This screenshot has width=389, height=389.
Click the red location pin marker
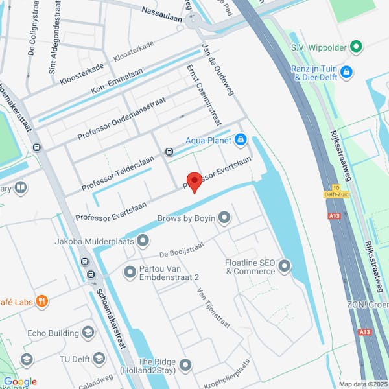(x=193, y=182)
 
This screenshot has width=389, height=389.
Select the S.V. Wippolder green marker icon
(x=355, y=47)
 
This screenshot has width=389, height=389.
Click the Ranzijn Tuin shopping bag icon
(x=346, y=71)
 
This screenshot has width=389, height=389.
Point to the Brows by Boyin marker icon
(x=224, y=218)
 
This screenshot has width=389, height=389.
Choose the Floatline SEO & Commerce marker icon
(x=284, y=265)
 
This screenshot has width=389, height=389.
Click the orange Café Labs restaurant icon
(x=42, y=301)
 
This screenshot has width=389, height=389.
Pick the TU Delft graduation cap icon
(x=99, y=358)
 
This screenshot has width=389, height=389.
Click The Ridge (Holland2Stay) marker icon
(x=186, y=366)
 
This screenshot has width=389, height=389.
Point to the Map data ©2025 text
(x=362, y=384)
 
